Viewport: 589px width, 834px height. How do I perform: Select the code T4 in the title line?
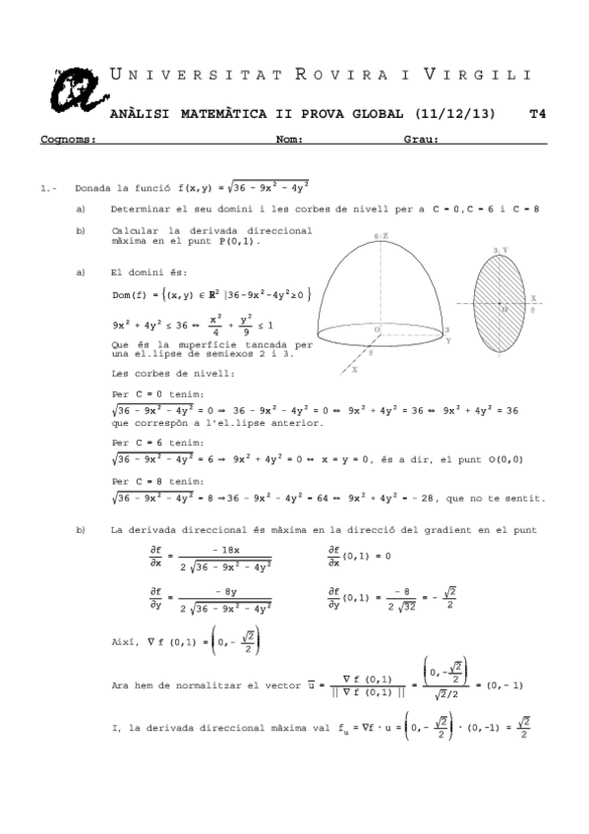[537, 114]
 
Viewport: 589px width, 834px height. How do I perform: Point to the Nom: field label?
[289, 140]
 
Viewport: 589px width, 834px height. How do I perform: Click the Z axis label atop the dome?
[381, 236]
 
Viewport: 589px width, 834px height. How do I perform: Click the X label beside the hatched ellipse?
[533, 297]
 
